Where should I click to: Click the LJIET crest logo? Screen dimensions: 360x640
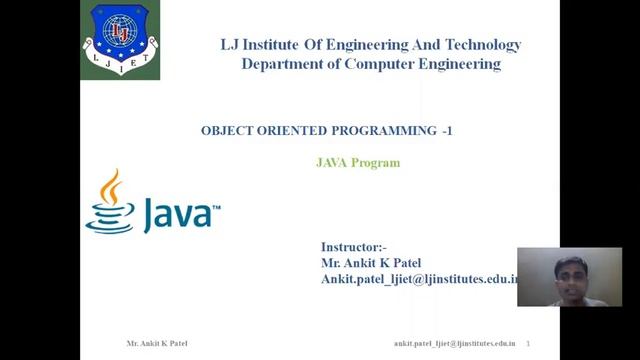coord(119,41)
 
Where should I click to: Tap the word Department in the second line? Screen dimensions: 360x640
coord(283,64)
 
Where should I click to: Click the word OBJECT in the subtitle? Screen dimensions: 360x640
coord(225,131)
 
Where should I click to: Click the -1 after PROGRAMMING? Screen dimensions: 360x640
coord(446,131)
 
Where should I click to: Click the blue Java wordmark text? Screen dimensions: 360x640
coord(180,213)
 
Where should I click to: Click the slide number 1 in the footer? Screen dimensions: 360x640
coord(527,343)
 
